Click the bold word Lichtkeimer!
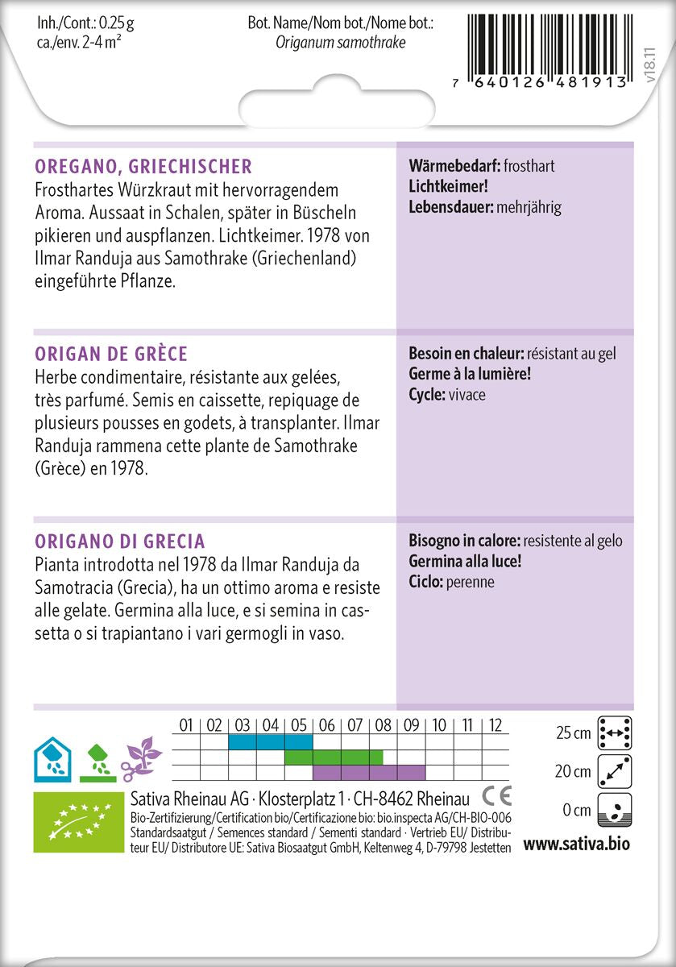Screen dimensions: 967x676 point(449,186)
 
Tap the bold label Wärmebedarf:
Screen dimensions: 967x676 point(454,167)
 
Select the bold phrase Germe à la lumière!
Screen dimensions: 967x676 point(470,374)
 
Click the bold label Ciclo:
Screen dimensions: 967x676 point(427,581)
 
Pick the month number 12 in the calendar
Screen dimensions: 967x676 point(496,725)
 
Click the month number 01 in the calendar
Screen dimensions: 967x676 point(186,725)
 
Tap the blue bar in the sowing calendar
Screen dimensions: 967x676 point(270,741)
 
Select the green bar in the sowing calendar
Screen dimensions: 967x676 point(334,757)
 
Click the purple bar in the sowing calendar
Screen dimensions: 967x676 point(368,772)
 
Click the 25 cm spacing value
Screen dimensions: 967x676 point(573,733)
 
